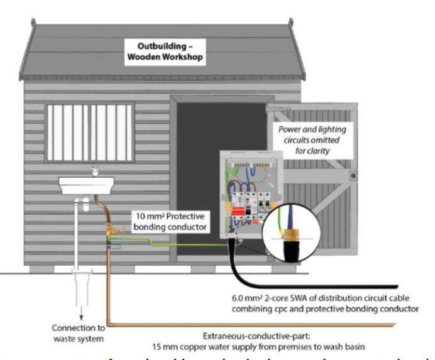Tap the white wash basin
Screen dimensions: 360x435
[86, 183]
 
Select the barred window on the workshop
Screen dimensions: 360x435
[89, 133]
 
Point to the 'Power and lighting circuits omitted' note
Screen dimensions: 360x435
[312, 139]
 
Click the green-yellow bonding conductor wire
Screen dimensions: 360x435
[176, 240]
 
